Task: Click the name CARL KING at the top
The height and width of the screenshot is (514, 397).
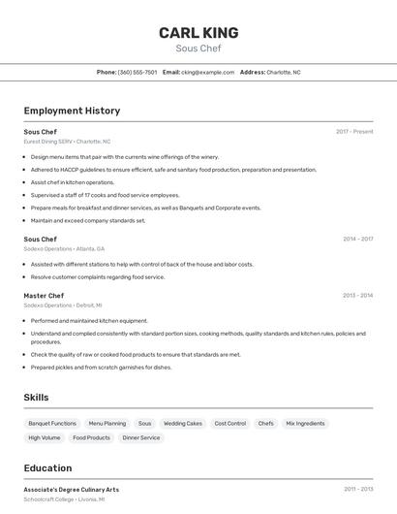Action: coord(198,33)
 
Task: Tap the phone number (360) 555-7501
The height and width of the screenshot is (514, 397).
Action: coord(137,72)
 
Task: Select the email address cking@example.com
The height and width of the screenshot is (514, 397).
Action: coord(208,72)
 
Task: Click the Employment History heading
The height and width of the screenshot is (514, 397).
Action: coord(72,111)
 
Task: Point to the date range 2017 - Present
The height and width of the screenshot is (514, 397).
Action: coord(354,132)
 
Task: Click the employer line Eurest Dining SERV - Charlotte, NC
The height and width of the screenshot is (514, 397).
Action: coord(67,142)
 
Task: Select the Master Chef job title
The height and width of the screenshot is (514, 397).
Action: coord(44,296)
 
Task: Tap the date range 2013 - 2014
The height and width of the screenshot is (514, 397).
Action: coord(357,296)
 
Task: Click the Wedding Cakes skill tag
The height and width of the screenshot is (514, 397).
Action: coord(183,424)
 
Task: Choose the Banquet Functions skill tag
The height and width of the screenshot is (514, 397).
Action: coord(52,424)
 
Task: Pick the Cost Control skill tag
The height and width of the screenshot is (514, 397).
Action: coord(229,424)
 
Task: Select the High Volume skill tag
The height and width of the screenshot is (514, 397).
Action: coord(44,437)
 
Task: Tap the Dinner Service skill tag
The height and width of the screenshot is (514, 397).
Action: coord(141,437)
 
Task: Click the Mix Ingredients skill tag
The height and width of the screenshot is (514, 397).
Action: coord(305,424)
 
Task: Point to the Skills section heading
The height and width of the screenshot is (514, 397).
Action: coord(36,398)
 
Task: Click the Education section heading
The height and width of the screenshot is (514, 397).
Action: coord(47,468)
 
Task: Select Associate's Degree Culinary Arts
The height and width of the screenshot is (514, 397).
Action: coord(72,490)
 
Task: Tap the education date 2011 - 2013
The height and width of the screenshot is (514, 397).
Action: coord(357,490)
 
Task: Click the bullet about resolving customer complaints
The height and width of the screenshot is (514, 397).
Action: coord(98,276)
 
